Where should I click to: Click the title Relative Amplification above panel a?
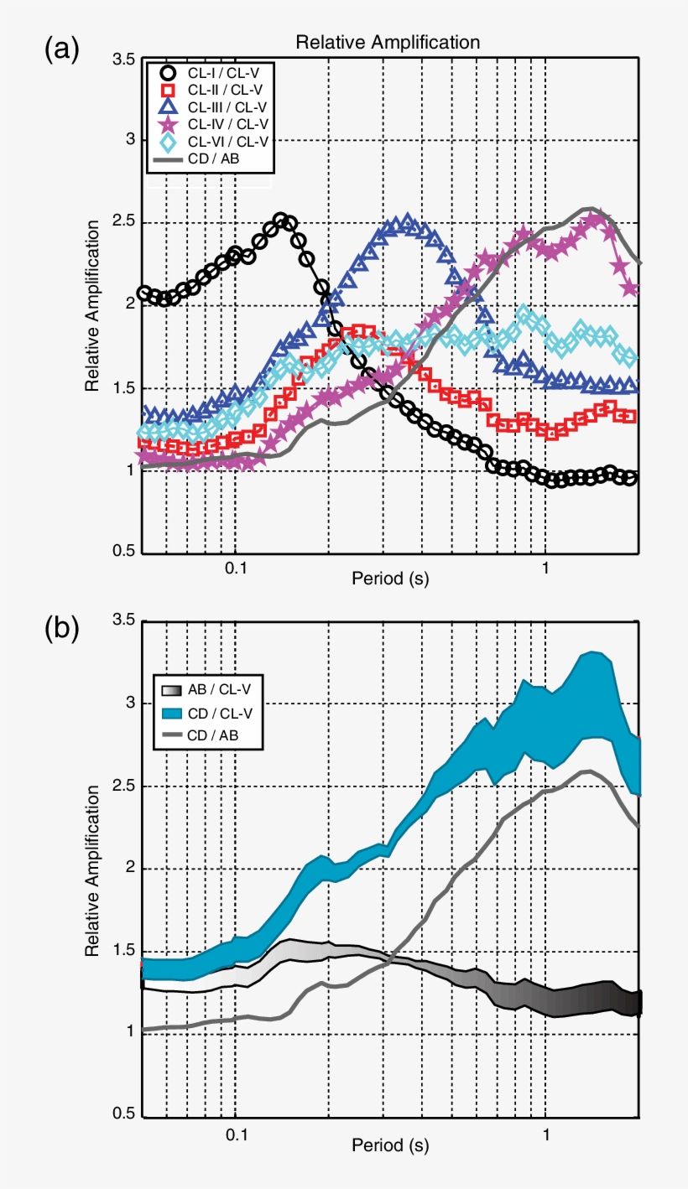pyautogui.click(x=387, y=43)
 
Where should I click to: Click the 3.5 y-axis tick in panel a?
pyautogui.click(x=123, y=60)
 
